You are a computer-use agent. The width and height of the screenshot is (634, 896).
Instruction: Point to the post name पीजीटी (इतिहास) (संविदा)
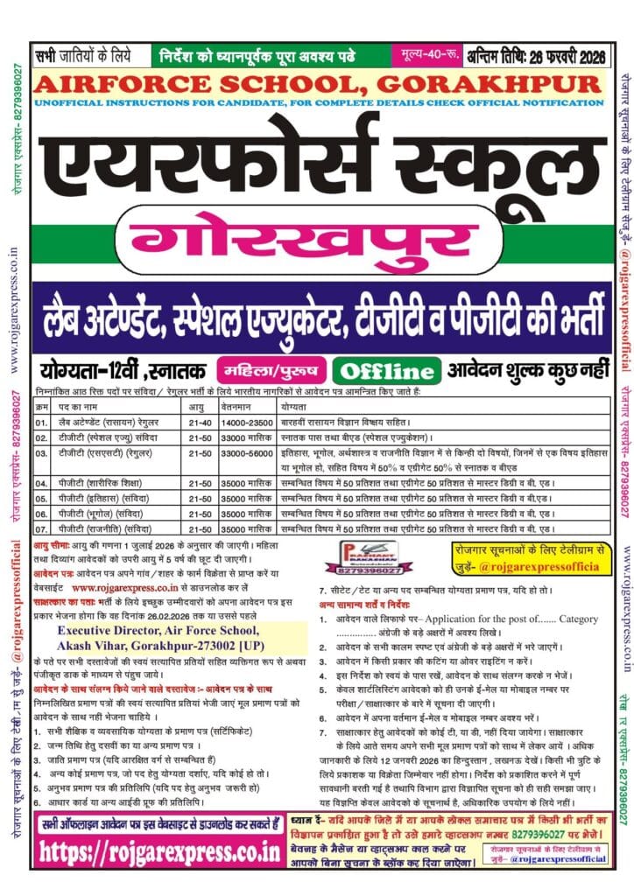coord(99,496)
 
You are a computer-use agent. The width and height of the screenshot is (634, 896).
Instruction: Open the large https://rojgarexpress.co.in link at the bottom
coord(169,850)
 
